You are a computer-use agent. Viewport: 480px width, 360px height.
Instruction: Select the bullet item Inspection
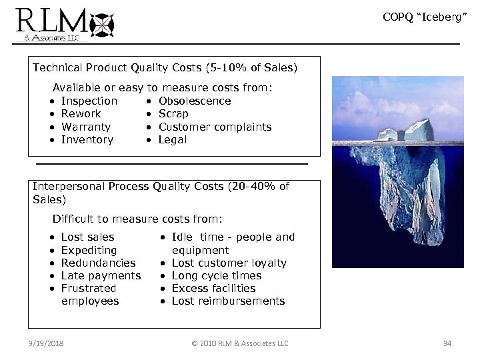tap(89, 101)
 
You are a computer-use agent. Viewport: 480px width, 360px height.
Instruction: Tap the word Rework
tap(81, 114)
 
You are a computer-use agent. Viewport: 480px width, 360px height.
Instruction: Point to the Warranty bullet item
tap(85, 127)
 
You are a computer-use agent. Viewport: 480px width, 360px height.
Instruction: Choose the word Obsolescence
tap(195, 101)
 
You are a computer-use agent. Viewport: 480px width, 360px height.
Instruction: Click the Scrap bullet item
tap(173, 114)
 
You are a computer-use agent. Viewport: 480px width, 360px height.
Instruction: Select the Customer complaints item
tap(215, 127)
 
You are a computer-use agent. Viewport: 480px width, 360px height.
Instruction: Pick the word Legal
tap(173, 140)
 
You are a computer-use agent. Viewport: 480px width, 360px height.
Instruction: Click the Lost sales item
tap(87, 237)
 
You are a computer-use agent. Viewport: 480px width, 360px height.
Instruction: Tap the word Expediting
tap(89, 250)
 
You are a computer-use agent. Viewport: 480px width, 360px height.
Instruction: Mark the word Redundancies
tap(98, 263)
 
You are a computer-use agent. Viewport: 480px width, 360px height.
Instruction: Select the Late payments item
tap(101, 275)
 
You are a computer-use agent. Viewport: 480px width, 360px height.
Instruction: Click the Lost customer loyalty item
tap(229, 263)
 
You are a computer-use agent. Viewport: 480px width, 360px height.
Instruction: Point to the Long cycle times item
tap(216, 275)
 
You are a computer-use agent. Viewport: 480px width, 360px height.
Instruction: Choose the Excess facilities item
tap(213, 288)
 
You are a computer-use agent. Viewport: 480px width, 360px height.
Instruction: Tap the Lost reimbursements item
tap(228, 301)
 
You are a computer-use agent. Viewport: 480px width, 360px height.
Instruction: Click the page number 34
tap(447, 343)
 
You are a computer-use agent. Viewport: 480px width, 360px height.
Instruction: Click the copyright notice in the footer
tap(239, 343)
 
